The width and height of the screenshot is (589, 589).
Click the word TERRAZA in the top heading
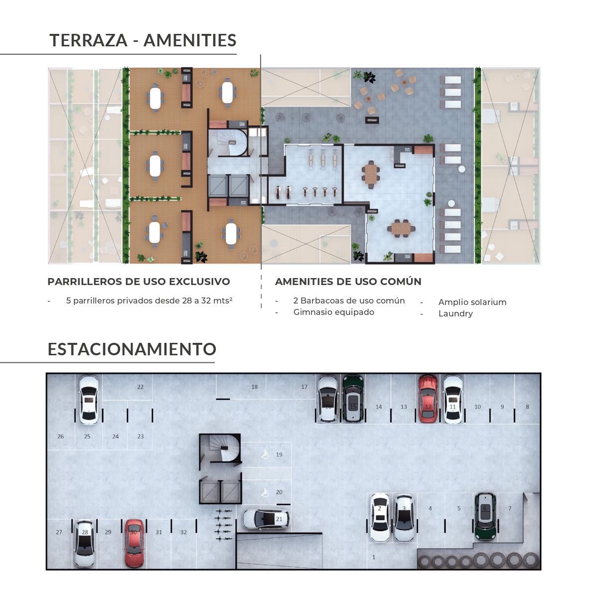88,40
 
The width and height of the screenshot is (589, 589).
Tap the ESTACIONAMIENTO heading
132,349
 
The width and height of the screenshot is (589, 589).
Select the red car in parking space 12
428,399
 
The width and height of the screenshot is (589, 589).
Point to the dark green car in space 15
353,398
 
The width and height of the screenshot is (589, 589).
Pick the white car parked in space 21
266,519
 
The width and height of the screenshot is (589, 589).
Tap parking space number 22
140,387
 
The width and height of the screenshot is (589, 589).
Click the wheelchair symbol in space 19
265,454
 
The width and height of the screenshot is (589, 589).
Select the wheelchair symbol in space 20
265,493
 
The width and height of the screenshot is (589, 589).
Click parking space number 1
374,557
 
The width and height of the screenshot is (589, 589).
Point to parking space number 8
527,407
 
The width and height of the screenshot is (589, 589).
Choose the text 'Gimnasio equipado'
333,312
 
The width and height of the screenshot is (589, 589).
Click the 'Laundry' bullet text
455,314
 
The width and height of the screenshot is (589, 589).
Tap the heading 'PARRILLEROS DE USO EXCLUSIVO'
139,282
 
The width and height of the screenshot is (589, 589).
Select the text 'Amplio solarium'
472,302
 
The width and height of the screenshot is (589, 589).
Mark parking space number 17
304,387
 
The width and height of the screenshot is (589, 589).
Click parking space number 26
60,437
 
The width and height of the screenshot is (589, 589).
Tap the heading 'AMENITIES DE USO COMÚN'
348,282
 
